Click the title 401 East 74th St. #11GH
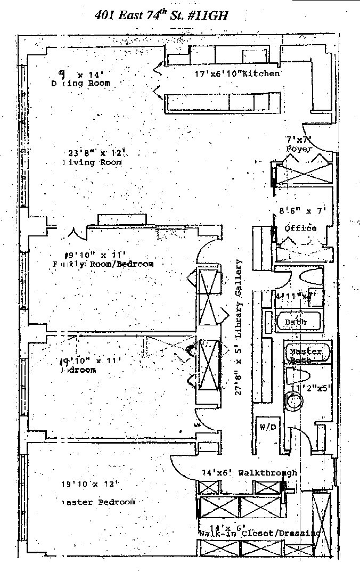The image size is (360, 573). tap(161, 15)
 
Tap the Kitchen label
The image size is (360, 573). tap(261, 73)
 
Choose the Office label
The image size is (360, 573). tap(300, 228)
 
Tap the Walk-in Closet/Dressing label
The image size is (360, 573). tap(259, 533)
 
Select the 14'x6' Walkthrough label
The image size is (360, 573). tap(249, 472)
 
